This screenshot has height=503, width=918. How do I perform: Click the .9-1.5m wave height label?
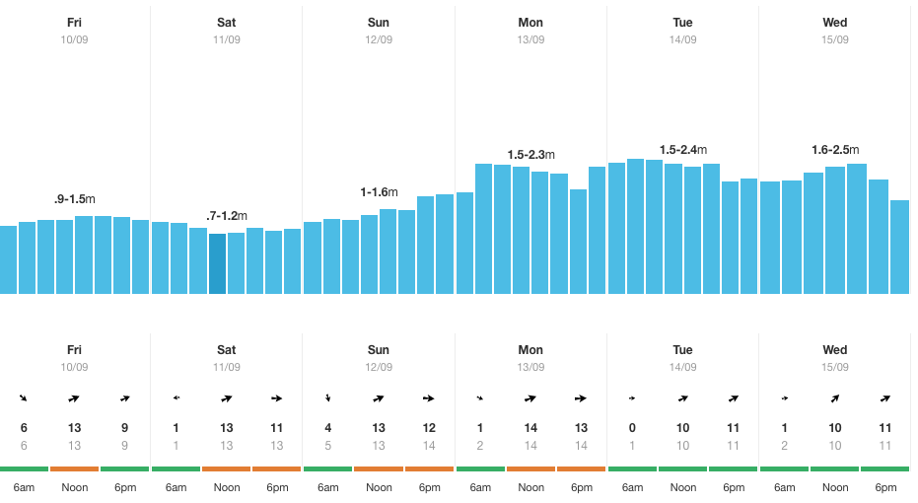74,199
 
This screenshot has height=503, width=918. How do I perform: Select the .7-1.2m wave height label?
226,216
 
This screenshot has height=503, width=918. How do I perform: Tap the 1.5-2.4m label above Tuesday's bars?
682,150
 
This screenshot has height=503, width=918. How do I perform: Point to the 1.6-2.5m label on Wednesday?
834,150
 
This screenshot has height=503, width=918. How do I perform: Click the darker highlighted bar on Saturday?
218,263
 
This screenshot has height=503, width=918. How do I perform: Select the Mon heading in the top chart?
530,23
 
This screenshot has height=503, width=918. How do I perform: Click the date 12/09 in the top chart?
379,39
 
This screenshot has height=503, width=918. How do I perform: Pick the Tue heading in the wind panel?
682,350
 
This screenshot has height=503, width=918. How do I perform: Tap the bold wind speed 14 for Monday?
530,428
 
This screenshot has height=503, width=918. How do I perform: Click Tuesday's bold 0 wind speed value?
632,428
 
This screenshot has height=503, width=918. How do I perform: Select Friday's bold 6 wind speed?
24,428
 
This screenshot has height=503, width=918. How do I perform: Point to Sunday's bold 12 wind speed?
429,428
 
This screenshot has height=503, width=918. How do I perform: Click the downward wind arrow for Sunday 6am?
327,398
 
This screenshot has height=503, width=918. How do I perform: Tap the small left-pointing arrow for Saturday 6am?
176,398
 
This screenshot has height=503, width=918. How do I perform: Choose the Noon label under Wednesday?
834,487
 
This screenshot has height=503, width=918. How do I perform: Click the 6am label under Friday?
24,487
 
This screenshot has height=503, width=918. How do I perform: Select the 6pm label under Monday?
581,487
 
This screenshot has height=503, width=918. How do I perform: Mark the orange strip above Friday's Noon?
74,468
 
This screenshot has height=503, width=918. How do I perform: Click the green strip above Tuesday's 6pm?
733,468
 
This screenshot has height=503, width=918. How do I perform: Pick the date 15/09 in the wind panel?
834,367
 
